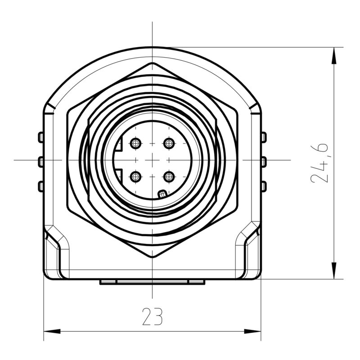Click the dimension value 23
point(152,316)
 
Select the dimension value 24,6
point(320,163)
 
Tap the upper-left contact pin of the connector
point(135,144)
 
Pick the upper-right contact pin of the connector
point(169,144)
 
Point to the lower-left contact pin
point(135,176)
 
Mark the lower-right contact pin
point(169,176)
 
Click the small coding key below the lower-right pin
point(162,194)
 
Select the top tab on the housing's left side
point(40,137)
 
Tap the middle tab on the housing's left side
point(40,161)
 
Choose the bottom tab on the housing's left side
point(40,185)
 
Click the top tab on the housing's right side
point(264,137)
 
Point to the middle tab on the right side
point(264,161)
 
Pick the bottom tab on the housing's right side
point(264,185)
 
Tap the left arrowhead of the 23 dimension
point(51,332)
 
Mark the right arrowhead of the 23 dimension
point(253,332)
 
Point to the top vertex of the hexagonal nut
point(152,63)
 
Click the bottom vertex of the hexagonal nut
point(152,257)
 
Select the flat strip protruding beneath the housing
point(152,282)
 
